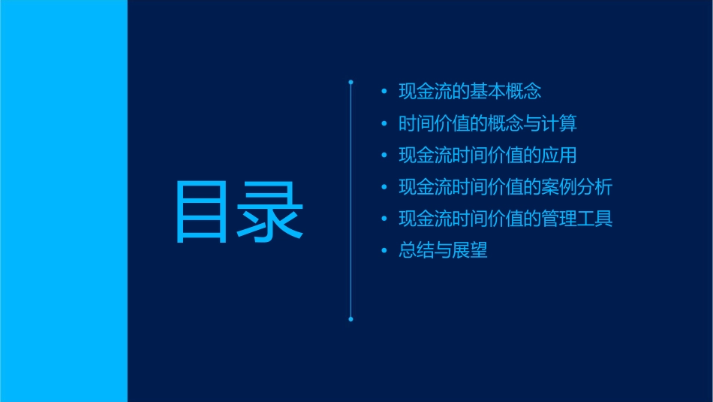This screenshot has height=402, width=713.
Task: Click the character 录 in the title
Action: [x=271, y=212]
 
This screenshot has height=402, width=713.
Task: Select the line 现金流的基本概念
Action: [x=470, y=92]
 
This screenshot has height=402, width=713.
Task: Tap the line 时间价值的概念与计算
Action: [x=488, y=123]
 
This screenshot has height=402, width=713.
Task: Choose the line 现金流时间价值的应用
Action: [x=488, y=156]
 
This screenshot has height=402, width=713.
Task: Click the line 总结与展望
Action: [x=443, y=251]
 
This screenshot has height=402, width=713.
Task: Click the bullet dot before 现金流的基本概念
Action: [x=384, y=92]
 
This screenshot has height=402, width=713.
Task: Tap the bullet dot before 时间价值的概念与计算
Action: [x=384, y=124]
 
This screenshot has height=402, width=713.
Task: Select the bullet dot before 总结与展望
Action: [x=384, y=251]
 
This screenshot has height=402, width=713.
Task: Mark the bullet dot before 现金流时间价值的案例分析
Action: [x=384, y=188]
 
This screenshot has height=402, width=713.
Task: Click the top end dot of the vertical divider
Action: [x=350, y=82]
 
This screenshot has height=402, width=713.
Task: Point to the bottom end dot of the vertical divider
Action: [x=350, y=319]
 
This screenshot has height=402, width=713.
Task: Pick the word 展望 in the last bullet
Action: [x=470, y=251]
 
